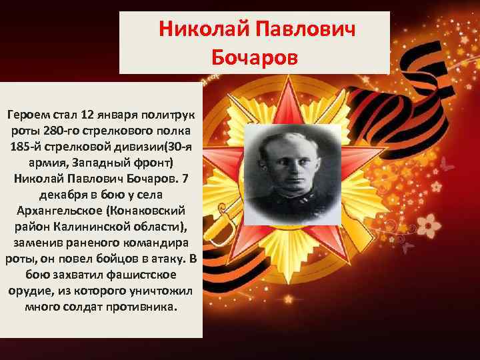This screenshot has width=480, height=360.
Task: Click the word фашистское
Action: tap(142, 274)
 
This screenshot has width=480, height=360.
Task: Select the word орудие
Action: tap(30, 291)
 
